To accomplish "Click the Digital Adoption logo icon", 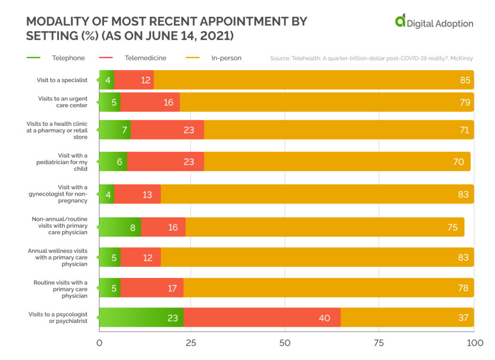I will tap(400, 21).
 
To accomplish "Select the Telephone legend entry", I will tap(68, 58).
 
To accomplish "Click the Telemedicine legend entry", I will tap(145, 58).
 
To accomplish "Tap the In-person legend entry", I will tap(226, 58).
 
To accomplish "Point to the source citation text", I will tap(371, 58).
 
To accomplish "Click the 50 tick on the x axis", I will tap(285, 343).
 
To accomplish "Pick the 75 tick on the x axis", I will tap(379, 343).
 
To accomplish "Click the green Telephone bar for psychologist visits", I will tap(141, 317).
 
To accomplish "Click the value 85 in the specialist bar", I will tap(465, 80).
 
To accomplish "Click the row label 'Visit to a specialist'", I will tap(62, 80).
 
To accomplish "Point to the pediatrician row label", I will tap(70, 161).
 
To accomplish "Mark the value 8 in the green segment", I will tap(132, 227).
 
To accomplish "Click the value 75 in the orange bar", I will tap(452, 227).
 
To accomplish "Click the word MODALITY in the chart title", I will tap(57, 22).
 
